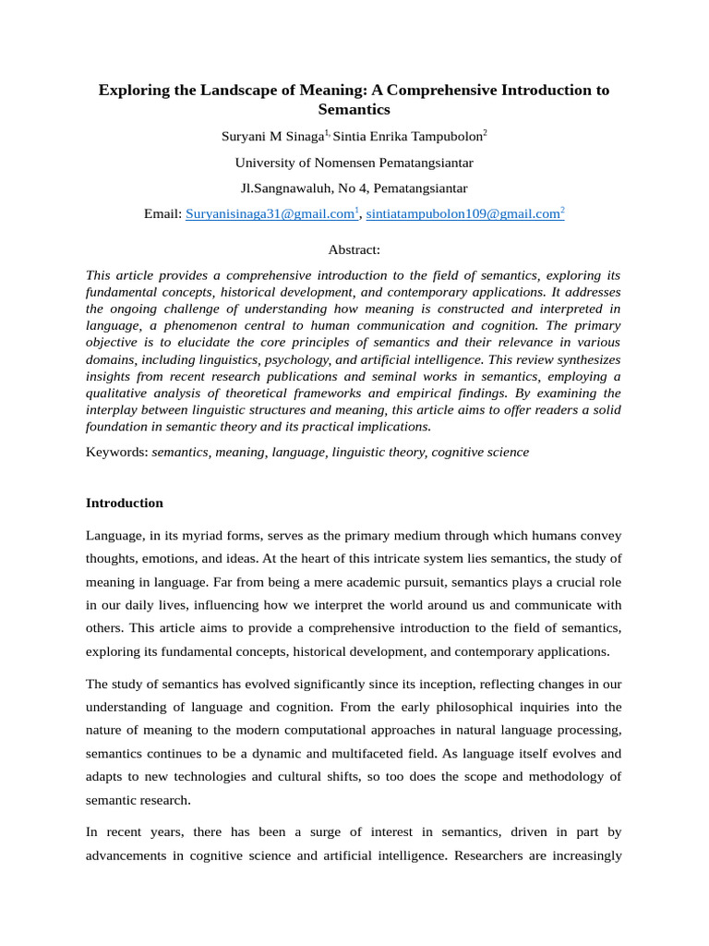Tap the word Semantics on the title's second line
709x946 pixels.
[x=354, y=109]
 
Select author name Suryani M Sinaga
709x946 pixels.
[x=271, y=137]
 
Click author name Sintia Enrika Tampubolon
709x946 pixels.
[x=407, y=137]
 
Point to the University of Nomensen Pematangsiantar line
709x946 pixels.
[x=354, y=163]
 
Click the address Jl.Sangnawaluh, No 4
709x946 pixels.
[x=304, y=188]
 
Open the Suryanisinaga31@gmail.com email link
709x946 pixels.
[x=270, y=214]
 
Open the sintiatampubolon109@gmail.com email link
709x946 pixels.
[x=463, y=214]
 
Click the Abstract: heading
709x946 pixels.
[x=354, y=249]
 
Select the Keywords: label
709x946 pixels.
[x=116, y=452]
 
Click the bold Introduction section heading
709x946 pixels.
[x=124, y=503]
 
